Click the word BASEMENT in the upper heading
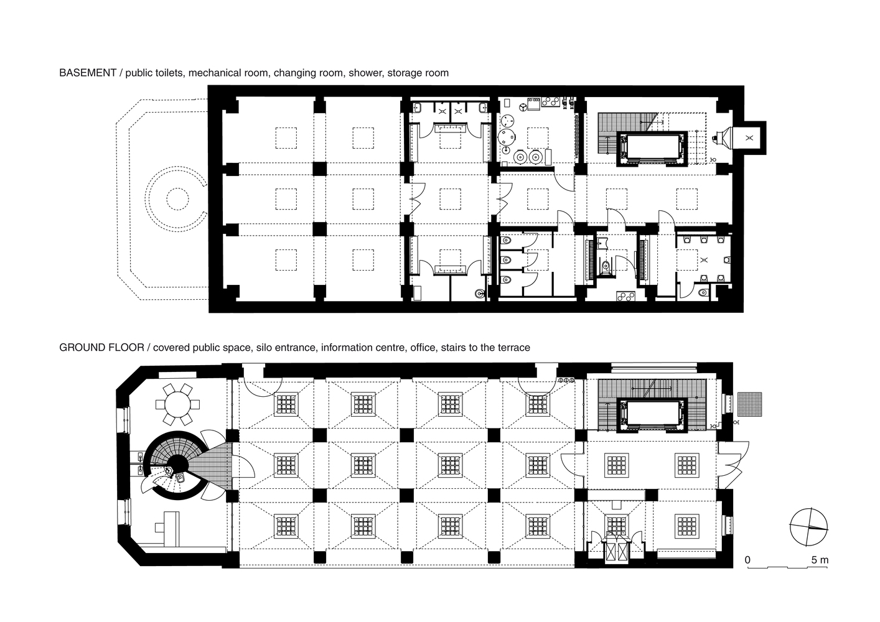88,73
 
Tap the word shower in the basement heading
365,73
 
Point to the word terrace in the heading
513,348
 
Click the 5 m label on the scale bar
820,560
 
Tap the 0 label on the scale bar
747,560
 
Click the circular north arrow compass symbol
808,527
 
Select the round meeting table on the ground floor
177,404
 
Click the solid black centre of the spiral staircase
179,465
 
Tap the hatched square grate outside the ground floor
749,404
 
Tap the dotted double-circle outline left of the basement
176,199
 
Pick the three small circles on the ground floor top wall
566,380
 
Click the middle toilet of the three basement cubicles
506,259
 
